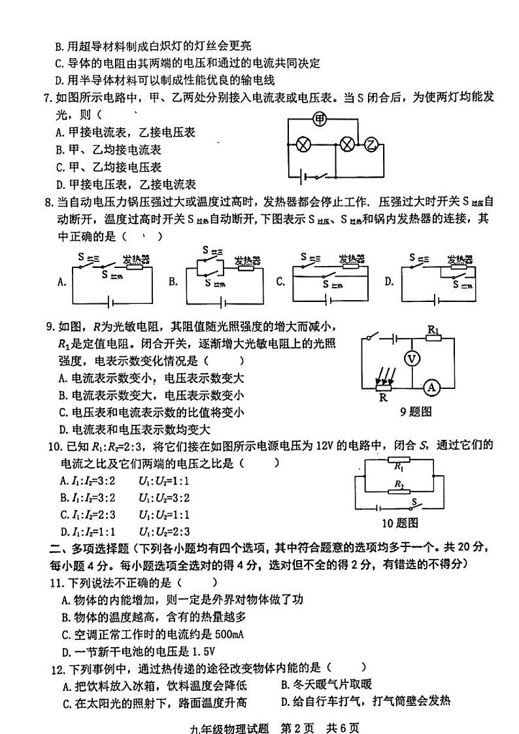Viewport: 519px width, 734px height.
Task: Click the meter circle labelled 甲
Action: click(320, 119)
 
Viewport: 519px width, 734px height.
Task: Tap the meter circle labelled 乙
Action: click(371, 144)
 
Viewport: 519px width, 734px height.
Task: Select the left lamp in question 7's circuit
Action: click(303, 144)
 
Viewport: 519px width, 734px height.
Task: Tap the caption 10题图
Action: click(399, 522)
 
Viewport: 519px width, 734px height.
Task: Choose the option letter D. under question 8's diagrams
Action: click(389, 282)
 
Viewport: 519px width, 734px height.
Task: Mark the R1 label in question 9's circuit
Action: click(433, 330)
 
